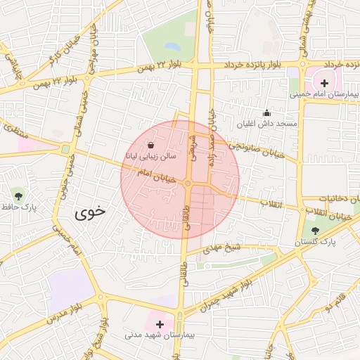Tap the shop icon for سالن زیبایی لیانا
[x=151, y=145]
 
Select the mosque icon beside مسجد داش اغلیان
[x=266, y=112]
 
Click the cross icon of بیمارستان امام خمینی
[x=324, y=83]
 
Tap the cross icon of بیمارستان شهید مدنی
[x=160, y=325]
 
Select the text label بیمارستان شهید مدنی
[x=153, y=336]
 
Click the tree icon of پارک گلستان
[x=314, y=230]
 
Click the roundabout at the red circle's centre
[x=188, y=183]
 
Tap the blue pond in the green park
[x=172, y=48]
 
